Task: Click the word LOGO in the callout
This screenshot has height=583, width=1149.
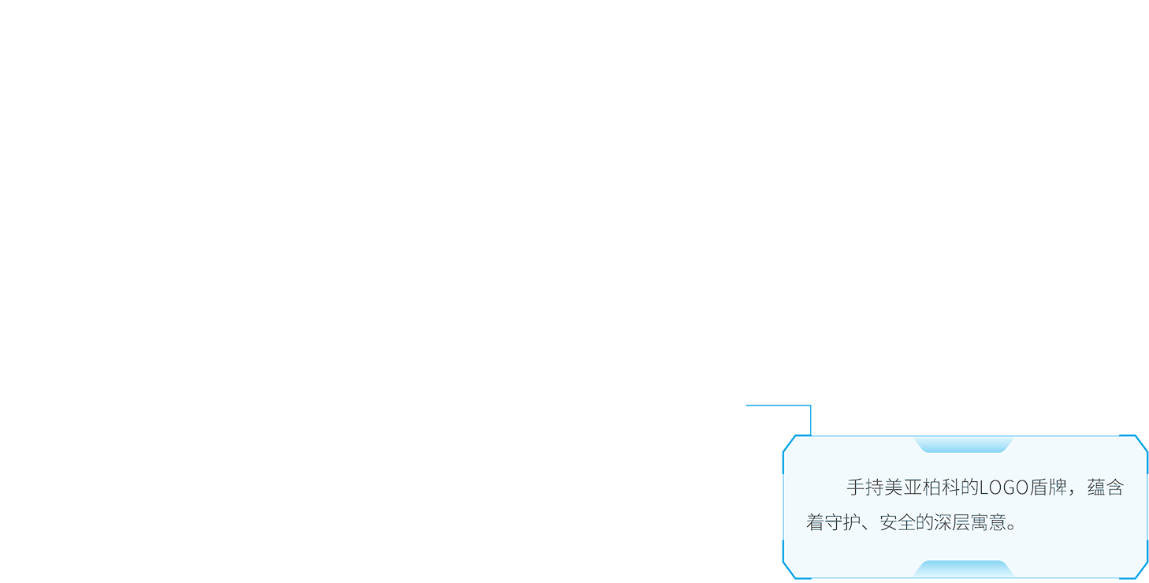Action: click(x=1004, y=488)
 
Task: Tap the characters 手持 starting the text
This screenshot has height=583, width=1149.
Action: click(x=865, y=488)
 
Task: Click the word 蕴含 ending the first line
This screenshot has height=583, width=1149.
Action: click(x=1106, y=488)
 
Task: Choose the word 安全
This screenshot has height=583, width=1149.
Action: click(x=898, y=522)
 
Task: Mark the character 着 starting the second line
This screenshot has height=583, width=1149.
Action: click(x=815, y=522)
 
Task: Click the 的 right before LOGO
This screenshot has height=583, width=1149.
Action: click(x=969, y=488)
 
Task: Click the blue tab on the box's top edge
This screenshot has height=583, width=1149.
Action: click(x=963, y=445)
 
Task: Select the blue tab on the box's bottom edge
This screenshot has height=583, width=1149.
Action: click(x=963, y=569)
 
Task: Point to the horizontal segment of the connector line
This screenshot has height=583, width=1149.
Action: click(x=778, y=405)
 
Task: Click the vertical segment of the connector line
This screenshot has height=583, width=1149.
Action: click(x=810, y=420)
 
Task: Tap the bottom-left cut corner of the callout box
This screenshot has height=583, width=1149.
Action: click(x=789, y=570)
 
